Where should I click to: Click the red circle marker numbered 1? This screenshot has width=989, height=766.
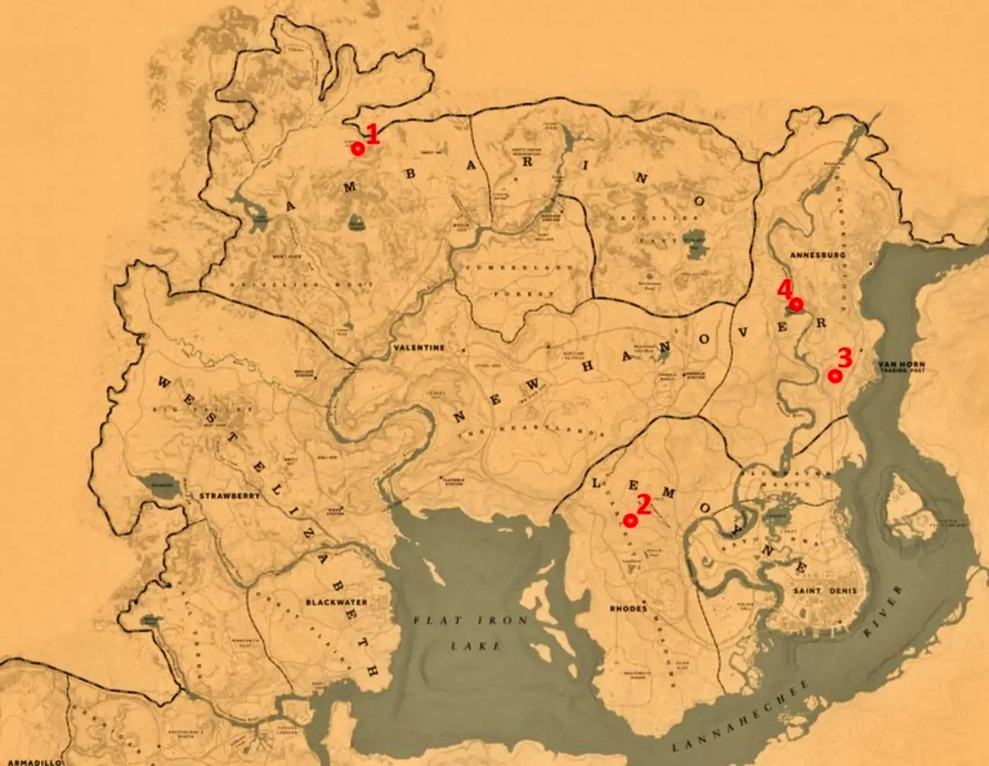pos(358,148)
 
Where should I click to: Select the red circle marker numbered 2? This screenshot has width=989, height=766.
pos(630,521)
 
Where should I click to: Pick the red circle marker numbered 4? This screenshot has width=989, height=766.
pos(796,303)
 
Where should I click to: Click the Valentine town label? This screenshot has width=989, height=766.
pos(419,347)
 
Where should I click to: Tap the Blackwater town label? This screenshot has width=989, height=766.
pos(336,602)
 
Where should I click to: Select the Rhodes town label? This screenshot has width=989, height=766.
pos(628,608)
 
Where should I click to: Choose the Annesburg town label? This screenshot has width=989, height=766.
pos(817,254)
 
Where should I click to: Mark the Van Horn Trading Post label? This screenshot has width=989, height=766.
pos(902,367)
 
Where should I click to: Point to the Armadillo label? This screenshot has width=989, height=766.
pos(31,761)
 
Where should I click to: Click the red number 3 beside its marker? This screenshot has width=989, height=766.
pos(845,358)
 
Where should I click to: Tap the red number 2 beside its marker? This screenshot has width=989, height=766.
pos(644,506)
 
